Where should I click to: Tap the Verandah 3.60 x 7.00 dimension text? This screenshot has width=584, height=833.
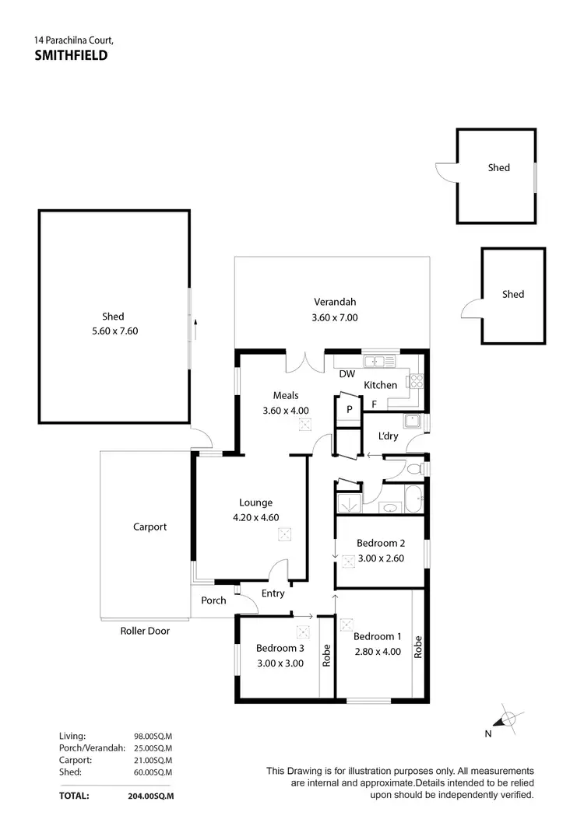point(335,317)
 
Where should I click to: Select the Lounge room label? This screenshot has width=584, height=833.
point(255,502)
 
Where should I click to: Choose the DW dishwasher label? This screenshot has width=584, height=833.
point(347,374)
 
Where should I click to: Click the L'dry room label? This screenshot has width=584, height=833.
point(387,436)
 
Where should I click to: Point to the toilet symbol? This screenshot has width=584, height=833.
point(416,469)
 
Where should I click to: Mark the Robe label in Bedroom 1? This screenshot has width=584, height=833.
point(418,648)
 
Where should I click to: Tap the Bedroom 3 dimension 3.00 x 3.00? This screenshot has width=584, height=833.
point(280,663)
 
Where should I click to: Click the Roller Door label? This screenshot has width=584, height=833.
point(145,631)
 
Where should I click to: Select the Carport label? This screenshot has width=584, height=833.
point(150,527)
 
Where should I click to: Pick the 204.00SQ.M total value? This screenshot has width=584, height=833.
point(150,796)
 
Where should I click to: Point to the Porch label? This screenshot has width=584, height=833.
point(213,600)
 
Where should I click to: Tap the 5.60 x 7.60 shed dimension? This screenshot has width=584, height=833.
point(113,331)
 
